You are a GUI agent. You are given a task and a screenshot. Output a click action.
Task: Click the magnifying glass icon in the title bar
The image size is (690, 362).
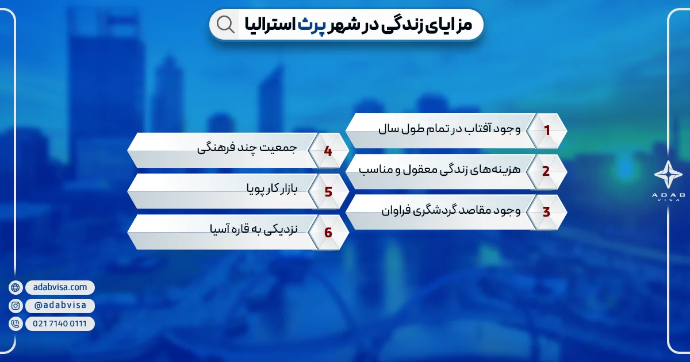coord(225,25)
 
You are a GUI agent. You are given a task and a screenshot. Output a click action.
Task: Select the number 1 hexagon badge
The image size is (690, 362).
coord(547,130)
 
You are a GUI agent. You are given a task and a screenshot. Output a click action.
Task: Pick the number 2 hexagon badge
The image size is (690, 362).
coord(546,171)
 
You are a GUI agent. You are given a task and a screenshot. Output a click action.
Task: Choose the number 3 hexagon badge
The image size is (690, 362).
coord(546,211)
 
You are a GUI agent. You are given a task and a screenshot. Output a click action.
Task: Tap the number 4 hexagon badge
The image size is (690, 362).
coord(328,151)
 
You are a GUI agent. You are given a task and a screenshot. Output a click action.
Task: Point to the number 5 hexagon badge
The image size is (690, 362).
coord(328,191)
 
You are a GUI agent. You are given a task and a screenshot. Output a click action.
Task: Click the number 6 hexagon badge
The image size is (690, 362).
coord(328,232)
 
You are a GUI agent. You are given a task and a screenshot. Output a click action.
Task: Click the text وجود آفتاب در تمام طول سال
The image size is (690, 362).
coord(449,129)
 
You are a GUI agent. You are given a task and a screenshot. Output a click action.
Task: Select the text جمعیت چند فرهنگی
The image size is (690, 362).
coord(247,149)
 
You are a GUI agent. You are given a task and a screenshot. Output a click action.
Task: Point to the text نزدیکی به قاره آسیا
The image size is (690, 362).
coord(253,230)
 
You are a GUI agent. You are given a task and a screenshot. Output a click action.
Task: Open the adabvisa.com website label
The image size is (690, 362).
coord(60,287)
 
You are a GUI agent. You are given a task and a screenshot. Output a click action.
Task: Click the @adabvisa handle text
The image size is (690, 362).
coord(60,306)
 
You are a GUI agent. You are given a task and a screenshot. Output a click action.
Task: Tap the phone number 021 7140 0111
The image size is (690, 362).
coord(60,324)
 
